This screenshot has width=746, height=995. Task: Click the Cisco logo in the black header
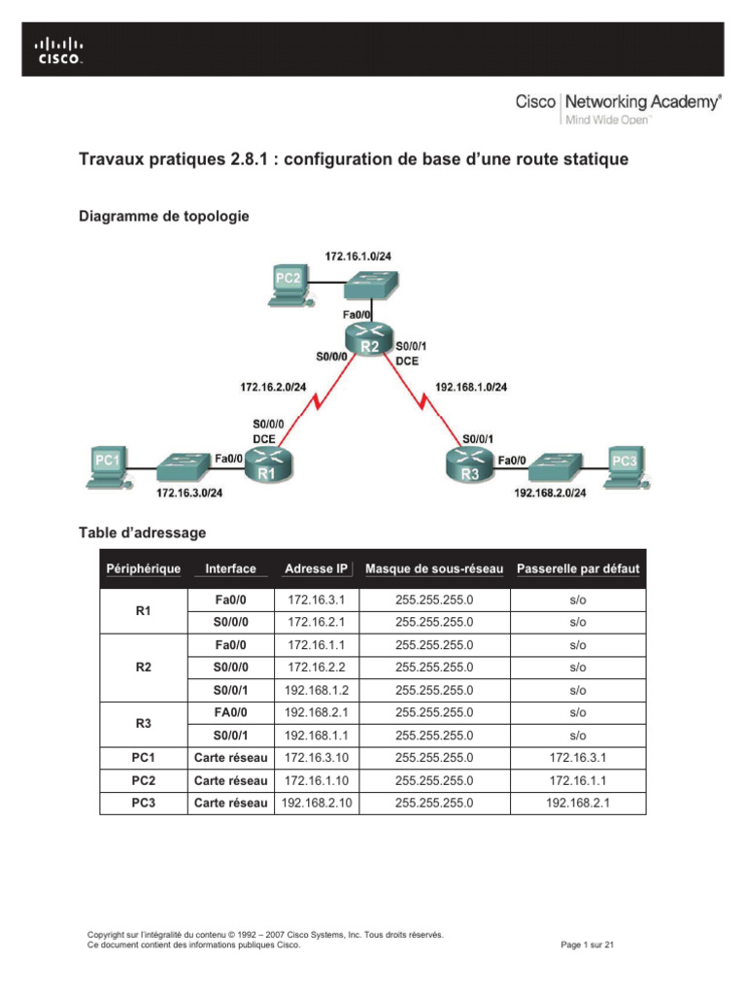[59, 49]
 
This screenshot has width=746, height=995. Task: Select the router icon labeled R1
[267, 466]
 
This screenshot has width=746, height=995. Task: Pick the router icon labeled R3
[469, 465]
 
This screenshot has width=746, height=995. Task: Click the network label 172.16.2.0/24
[274, 387]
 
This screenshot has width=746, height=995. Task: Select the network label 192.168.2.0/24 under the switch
[550, 492]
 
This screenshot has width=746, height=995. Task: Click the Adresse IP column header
[316, 568]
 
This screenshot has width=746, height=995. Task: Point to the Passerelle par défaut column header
[578, 568]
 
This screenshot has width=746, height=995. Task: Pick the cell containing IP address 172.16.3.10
[316, 758]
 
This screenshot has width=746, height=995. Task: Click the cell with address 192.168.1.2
[316, 691]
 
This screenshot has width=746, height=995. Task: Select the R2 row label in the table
[142, 669]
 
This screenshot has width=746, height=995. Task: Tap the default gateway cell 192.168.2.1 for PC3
[578, 803]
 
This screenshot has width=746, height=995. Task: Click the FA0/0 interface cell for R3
[230, 713]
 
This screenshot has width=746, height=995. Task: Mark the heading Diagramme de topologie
[163, 216]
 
